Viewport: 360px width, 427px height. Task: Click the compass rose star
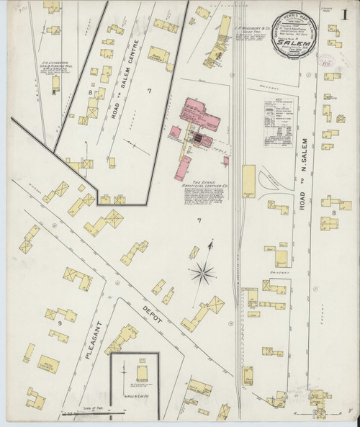point(204,273)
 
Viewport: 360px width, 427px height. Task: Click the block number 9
point(51,322)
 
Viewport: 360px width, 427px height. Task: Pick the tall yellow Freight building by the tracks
point(248,182)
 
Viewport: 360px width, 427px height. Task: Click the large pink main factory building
point(199,114)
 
